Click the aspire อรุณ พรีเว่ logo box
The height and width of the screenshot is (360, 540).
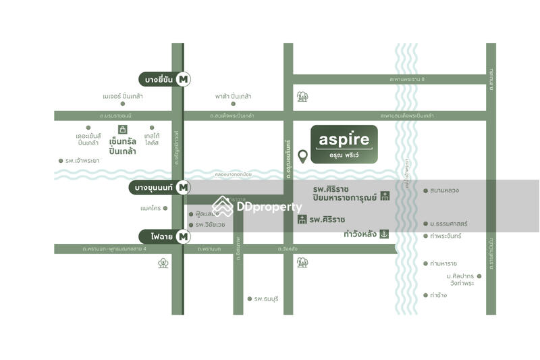pyautogui.click(x=344, y=143)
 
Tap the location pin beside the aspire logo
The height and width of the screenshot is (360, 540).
pyautogui.click(x=303, y=157)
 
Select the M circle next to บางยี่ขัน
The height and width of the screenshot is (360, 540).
pyautogui.click(x=183, y=79)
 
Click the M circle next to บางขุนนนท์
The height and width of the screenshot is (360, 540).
pyautogui.click(x=184, y=188)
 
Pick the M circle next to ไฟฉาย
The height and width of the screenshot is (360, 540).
pyautogui.click(x=183, y=236)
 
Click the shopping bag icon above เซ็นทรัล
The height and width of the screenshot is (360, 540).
pyautogui.click(x=123, y=129)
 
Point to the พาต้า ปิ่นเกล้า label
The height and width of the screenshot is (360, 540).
pyautogui.click(x=234, y=97)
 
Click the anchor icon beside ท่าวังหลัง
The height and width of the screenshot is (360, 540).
pyautogui.click(x=384, y=234)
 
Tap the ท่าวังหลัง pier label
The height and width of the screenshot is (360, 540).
pyautogui.click(x=360, y=234)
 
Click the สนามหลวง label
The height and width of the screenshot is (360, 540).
pyautogui.click(x=445, y=190)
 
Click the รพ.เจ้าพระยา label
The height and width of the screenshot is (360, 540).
pyautogui.click(x=82, y=161)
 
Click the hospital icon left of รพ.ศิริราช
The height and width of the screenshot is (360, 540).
pyautogui.click(x=302, y=220)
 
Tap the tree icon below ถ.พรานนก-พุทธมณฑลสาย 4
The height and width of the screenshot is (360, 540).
pyautogui.click(x=163, y=263)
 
